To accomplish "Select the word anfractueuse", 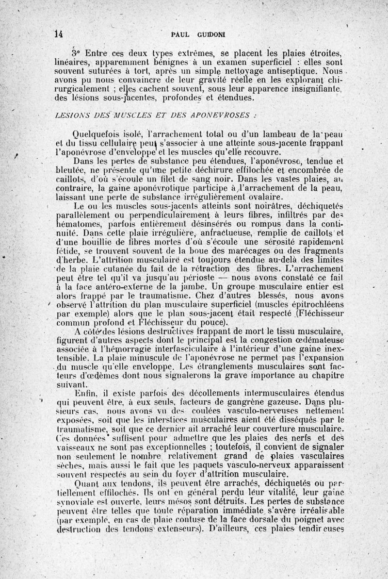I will [200, 232].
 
